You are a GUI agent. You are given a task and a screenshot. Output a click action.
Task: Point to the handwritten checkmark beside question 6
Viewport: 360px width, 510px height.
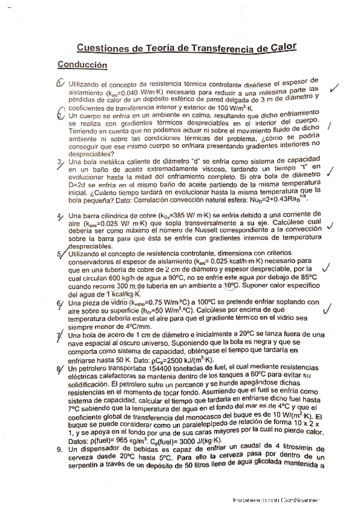click(x=328, y=309)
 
